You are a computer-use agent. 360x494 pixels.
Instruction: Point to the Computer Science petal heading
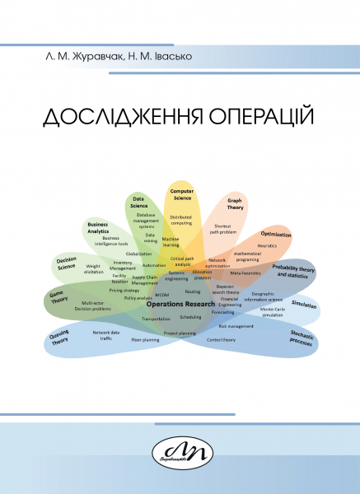click(181, 194)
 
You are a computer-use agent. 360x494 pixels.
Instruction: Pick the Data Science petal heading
click(139, 202)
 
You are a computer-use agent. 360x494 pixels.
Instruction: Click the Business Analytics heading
click(98, 227)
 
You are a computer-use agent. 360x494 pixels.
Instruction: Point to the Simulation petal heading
click(304, 305)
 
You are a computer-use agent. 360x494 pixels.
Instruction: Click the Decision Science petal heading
click(67, 263)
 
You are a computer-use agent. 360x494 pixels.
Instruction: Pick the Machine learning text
click(171, 241)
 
